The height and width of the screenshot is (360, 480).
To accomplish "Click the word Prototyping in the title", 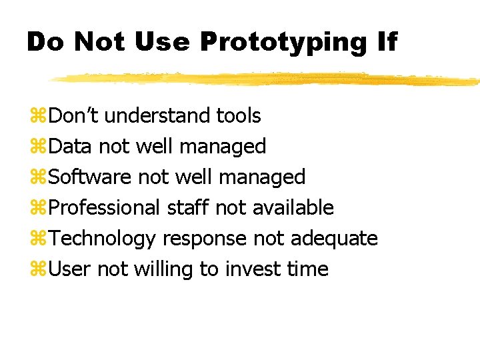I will click(x=283, y=43).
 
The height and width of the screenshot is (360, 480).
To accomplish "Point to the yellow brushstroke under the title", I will click(x=267, y=79).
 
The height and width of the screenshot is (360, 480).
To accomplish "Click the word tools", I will click(x=239, y=115).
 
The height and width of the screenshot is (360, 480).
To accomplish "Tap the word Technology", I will click(x=103, y=239).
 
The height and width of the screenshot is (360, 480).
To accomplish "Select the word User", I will click(x=71, y=269).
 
